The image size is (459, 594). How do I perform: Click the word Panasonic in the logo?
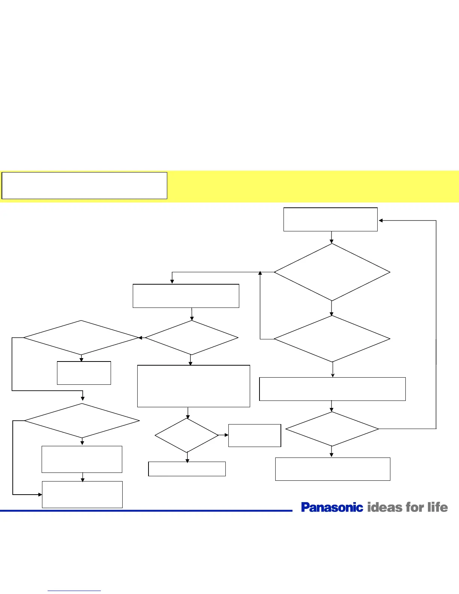click(332, 507)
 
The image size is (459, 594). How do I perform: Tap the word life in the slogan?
click(438, 507)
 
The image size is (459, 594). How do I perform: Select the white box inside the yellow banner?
click(84, 186)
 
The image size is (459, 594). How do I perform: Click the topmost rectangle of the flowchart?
click(330, 219)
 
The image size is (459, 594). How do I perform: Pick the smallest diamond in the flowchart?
click(187, 435)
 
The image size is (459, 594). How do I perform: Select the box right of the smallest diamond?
click(255, 435)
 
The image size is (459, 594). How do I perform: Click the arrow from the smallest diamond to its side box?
click(224, 435)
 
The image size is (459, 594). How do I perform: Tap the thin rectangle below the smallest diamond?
click(187, 469)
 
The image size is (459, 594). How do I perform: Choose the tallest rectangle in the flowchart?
click(193, 386)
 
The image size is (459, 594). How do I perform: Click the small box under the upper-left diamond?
click(84, 373)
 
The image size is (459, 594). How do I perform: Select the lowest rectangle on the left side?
click(82, 494)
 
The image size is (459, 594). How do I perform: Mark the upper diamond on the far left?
click(81, 337)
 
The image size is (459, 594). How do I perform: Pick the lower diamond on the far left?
click(82, 421)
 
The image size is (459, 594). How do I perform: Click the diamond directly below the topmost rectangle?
click(332, 272)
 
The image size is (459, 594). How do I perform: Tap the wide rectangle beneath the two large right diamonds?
click(332, 389)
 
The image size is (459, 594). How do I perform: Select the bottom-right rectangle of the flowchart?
click(333, 469)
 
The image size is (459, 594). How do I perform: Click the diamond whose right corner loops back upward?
click(332, 429)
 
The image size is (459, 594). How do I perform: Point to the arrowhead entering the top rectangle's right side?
click(381, 220)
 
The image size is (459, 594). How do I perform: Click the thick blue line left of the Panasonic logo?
click(146, 510)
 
